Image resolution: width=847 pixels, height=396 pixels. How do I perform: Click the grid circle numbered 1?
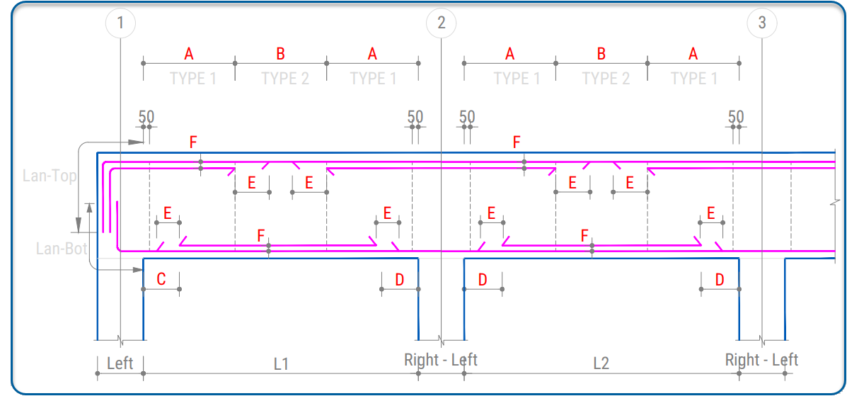point(120,23)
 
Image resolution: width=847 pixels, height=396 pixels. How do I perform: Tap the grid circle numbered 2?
point(442,23)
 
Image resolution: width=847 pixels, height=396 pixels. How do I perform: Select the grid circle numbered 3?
point(762,23)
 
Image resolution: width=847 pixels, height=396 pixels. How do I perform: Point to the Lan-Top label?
point(50,176)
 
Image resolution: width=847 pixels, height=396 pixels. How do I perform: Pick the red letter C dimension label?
point(161,279)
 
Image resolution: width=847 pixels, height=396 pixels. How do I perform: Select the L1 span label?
point(281,363)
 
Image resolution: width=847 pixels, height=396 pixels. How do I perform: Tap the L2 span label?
point(601,363)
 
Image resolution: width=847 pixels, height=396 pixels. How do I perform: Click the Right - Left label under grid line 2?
point(440,359)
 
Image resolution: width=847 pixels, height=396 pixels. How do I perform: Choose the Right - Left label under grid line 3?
point(761,359)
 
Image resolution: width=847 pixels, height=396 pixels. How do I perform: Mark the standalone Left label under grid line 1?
point(120,363)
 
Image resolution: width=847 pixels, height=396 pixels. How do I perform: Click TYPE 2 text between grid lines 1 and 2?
point(285,79)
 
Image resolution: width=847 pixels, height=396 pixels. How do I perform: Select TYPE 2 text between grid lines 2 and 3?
point(606,79)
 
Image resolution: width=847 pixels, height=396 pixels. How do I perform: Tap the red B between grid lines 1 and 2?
point(280,54)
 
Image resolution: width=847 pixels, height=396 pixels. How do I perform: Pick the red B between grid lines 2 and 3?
point(601,54)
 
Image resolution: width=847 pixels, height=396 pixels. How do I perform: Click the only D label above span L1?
point(399,280)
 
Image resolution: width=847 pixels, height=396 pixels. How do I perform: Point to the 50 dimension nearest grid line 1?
point(146,117)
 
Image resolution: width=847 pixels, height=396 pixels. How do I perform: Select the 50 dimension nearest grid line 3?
point(736,117)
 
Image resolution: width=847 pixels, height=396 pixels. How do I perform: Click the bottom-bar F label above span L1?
point(261,235)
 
